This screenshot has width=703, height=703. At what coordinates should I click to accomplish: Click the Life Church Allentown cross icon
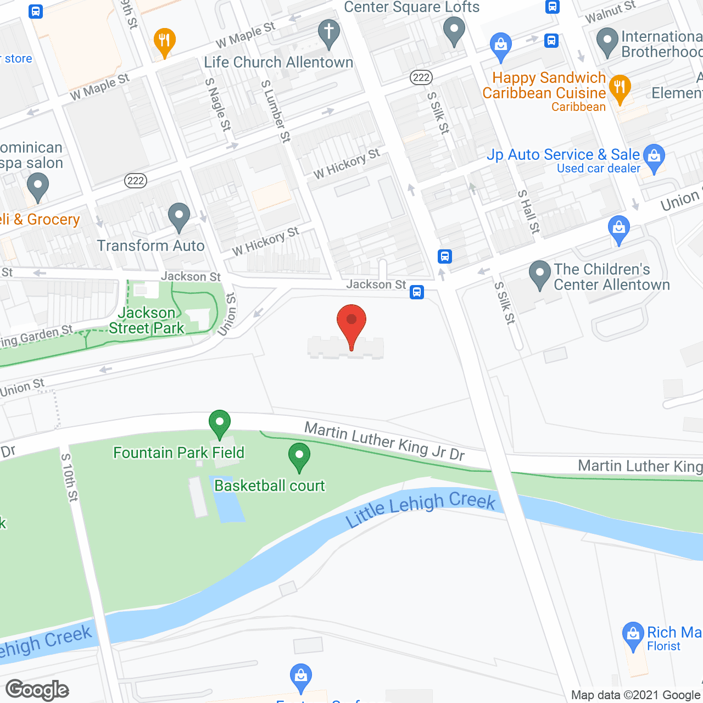coord(329,33)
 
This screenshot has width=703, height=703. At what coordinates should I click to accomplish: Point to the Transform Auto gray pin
coord(178,217)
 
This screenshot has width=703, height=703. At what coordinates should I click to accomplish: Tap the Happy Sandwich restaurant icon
coord(620,88)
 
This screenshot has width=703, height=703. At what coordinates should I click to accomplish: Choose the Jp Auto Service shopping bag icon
coord(654,157)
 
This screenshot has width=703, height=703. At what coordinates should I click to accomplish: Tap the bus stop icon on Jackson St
coord(417,292)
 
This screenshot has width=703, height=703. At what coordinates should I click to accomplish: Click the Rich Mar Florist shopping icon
coord(633,635)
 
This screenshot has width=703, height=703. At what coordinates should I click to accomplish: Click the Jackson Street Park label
coord(146,320)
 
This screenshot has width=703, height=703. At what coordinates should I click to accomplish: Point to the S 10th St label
coord(69,477)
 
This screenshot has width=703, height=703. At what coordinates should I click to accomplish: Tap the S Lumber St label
coord(276,111)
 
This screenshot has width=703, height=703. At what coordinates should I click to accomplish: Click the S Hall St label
coord(529,211)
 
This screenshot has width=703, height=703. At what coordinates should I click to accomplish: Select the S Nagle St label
coord(218,104)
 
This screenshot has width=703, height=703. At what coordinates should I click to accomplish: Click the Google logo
coord(37,690)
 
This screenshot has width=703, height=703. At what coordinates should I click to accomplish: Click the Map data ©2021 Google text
coord(636,695)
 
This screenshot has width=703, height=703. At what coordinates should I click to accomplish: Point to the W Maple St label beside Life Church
coord(245,35)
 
